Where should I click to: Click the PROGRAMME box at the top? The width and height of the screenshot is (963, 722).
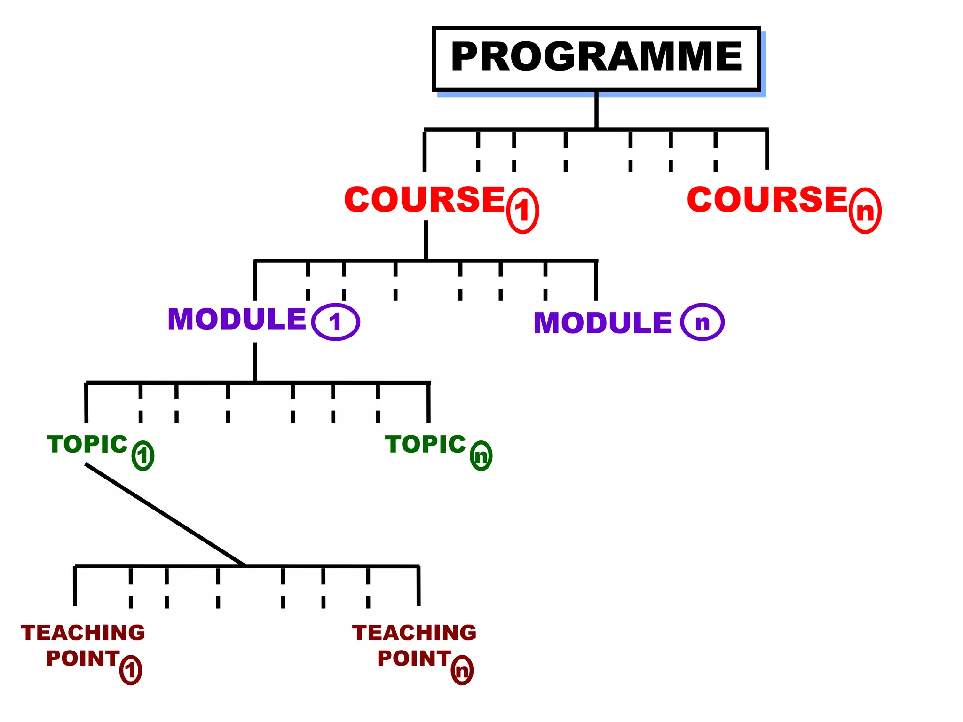pyautogui.click(x=596, y=58)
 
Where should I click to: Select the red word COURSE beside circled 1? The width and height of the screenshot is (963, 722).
pyautogui.click(x=425, y=199)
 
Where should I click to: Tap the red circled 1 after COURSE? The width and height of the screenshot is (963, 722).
pyautogui.click(x=522, y=211)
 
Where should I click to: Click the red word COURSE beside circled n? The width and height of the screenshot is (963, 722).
pyautogui.click(x=767, y=199)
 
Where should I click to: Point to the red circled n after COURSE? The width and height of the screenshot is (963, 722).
pyautogui.click(x=865, y=211)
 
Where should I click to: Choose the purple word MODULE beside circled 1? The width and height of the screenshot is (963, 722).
pyautogui.click(x=237, y=319)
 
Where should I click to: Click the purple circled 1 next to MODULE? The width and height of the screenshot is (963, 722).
pyautogui.click(x=335, y=322)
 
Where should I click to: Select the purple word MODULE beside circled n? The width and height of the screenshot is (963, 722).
pyautogui.click(x=603, y=323)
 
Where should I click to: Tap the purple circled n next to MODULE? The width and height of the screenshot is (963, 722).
pyautogui.click(x=702, y=322)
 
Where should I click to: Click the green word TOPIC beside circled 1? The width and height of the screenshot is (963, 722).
pyautogui.click(x=87, y=444)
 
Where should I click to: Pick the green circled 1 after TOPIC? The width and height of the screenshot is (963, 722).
pyautogui.click(x=143, y=455)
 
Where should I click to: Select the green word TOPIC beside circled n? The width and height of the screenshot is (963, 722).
pyautogui.click(x=426, y=444)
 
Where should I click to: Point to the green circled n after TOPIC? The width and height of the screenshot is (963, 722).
pyautogui.click(x=481, y=456)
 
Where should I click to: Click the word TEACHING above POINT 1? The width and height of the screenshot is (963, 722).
pyautogui.click(x=83, y=633)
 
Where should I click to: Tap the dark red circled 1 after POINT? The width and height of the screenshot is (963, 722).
pyautogui.click(x=131, y=670)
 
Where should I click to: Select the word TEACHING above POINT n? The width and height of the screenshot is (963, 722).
pyautogui.click(x=414, y=633)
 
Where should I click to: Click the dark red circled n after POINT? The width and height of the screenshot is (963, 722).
pyautogui.click(x=462, y=670)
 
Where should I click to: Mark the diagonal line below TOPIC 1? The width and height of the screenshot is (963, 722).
pyautogui.click(x=165, y=514)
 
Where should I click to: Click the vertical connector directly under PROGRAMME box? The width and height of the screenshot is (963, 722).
pyautogui.click(x=596, y=110)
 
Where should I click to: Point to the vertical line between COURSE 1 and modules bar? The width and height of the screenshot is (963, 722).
pyautogui.click(x=426, y=240)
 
